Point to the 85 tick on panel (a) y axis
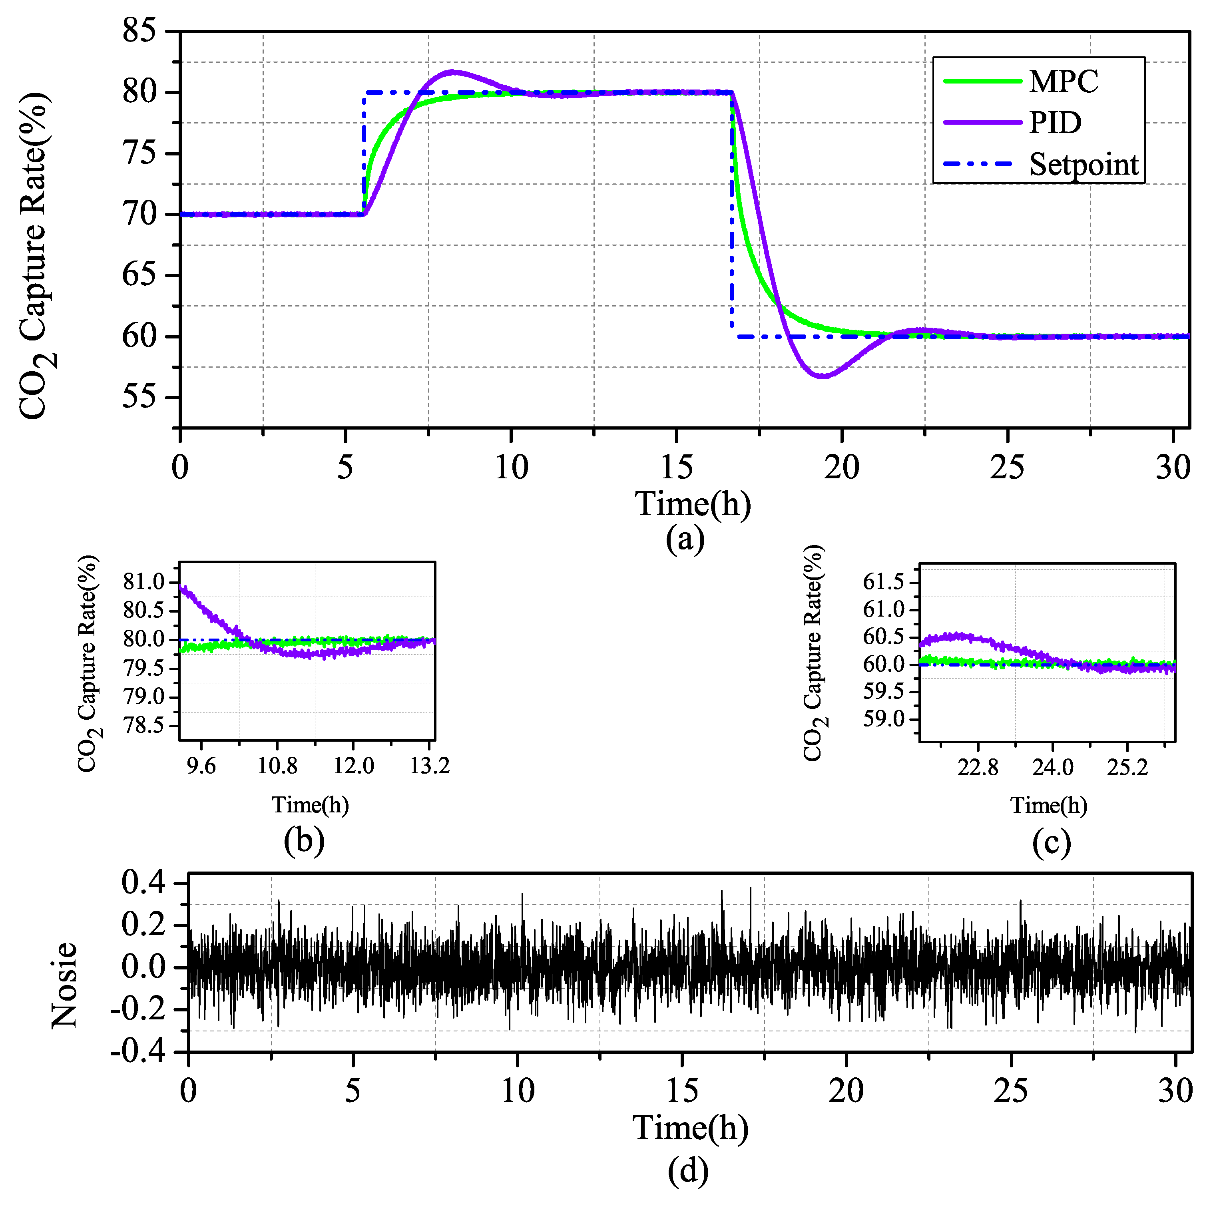(139, 31)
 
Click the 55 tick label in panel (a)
(139, 397)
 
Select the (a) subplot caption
(685, 539)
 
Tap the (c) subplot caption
(1051, 842)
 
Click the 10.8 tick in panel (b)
(277, 766)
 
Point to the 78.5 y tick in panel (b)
(143, 726)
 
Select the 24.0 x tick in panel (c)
(1053, 767)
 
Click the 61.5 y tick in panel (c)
(884, 582)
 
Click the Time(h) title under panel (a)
(693, 504)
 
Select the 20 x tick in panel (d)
(846, 1091)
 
